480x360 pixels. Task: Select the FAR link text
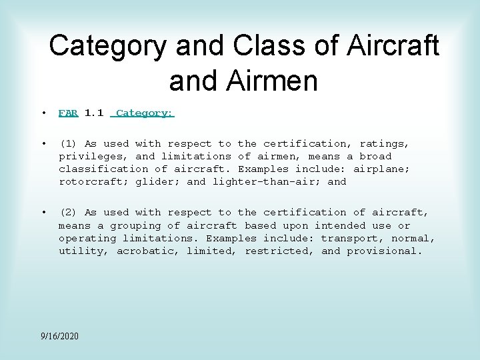pos(68,113)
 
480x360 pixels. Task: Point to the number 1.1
pos(94,113)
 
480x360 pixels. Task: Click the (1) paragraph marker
pos(68,143)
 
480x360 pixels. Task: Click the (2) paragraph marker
pos(68,213)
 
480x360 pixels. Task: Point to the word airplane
pos(381,169)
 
